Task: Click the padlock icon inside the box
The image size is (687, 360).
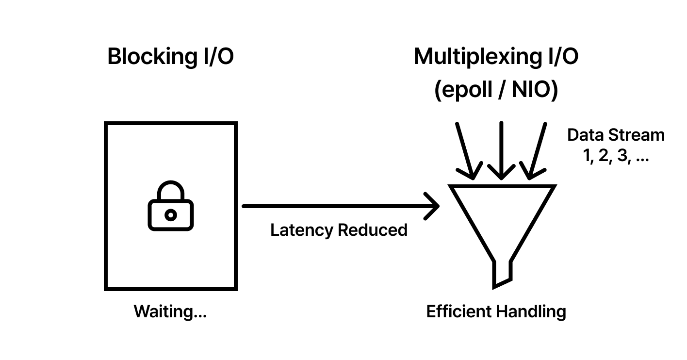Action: point(170,206)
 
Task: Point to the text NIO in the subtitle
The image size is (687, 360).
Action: point(528,91)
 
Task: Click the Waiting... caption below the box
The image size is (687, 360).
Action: point(170,311)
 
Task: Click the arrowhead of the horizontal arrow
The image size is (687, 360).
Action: point(433,206)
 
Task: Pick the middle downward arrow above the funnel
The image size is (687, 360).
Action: point(501,150)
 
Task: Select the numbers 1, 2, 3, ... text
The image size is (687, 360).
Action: point(616,157)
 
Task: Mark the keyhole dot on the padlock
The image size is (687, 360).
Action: point(170,214)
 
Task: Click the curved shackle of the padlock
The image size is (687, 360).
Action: point(170,190)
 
